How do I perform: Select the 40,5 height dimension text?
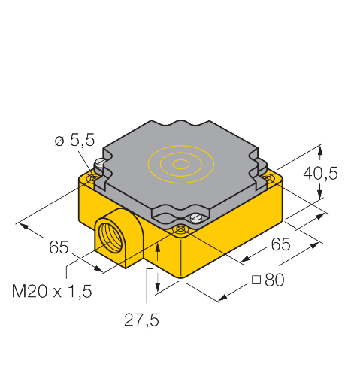pos(320,174)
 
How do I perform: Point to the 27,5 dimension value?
pos(141,320)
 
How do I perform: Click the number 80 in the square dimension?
pos(274,280)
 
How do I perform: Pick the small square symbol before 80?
pos(257,280)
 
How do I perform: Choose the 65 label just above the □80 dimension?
pos(280,244)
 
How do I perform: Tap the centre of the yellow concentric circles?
pos(180,162)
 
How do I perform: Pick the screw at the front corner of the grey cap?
pos(195,218)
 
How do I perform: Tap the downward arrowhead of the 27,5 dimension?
pos(157,289)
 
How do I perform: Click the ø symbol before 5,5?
pos(59,140)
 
